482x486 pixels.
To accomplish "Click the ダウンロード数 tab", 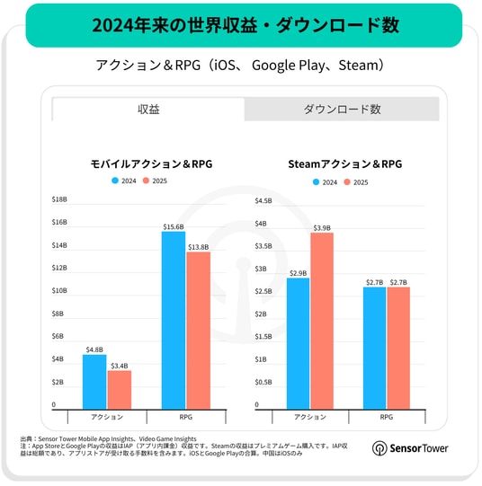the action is (342, 109).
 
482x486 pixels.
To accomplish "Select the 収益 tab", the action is (148, 109).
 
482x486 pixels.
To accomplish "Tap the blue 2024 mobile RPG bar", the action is (174, 321).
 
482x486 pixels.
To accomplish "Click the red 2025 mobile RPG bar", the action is (199, 331).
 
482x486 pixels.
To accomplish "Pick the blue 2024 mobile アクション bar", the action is (94, 382).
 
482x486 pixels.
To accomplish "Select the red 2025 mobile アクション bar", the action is (120, 390).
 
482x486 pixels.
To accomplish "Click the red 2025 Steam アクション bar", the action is (322, 321).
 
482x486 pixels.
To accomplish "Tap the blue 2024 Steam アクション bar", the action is (298, 344).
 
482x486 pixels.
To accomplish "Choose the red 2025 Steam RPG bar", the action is (398, 349).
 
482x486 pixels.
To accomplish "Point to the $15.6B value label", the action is (174, 227).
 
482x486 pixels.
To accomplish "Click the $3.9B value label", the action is (322, 228).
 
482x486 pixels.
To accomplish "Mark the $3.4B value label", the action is (120, 366).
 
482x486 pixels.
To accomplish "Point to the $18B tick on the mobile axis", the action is (59, 199).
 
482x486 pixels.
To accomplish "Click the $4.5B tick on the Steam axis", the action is (263, 201).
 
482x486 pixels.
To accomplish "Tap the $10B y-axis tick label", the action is (59, 291).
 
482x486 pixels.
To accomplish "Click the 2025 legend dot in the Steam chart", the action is (347, 182).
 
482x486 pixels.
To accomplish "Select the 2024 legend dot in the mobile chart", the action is (115, 181).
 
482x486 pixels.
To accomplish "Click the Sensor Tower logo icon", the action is (379, 448).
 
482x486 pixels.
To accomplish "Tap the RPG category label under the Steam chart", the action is (387, 417).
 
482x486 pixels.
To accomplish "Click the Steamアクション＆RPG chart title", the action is (345, 164).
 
